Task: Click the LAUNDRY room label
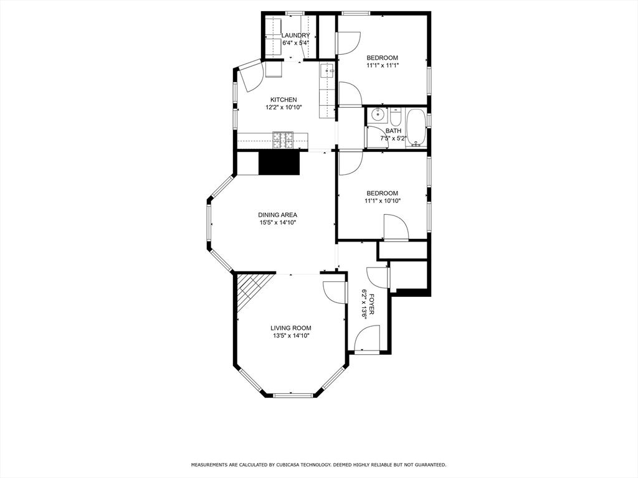click(x=295, y=35)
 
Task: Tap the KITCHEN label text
click(x=283, y=100)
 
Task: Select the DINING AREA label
click(x=277, y=215)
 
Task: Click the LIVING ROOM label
click(x=290, y=328)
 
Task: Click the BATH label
click(x=393, y=131)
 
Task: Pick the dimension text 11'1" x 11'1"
click(x=382, y=65)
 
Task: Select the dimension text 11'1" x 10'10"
click(x=382, y=201)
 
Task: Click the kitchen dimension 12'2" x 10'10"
click(x=283, y=108)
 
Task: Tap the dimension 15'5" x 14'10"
click(x=277, y=223)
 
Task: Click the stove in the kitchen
click(x=283, y=140)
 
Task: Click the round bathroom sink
click(x=377, y=115)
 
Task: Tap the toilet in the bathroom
click(x=396, y=116)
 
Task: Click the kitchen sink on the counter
click(x=327, y=72)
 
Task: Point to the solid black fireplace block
click(x=279, y=163)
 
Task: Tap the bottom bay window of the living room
click(x=293, y=395)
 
